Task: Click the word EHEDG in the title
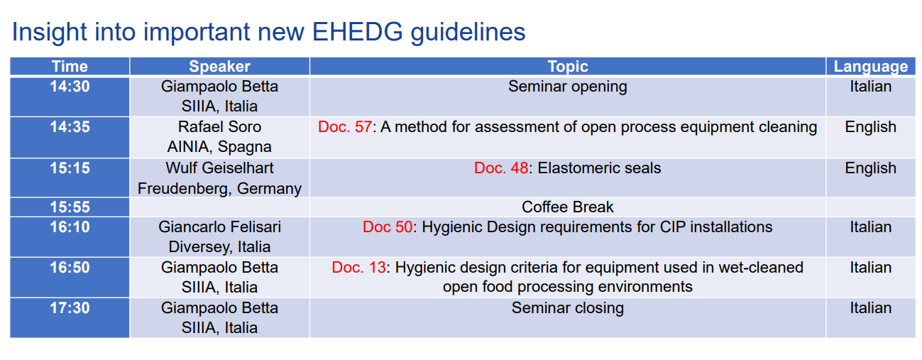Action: [357, 32]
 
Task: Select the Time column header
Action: [70, 66]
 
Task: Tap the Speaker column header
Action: [219, 66]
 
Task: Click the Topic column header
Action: [568, 66]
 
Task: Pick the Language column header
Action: [871, 66]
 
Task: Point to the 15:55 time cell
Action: [70, 207]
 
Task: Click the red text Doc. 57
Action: [345, 127]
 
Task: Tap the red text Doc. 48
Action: [501, 168]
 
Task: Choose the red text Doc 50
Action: [388, 227]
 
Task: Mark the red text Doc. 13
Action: [359, 267]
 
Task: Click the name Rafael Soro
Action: [219, 127]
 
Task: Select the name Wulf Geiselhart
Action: [219, 168]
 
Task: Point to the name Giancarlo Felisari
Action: [219, 227]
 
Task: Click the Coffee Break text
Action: [568, 207]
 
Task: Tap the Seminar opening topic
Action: [568, 87]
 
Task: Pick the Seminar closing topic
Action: [568, 308]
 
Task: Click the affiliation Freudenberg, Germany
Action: [219, 189]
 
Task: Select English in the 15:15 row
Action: [871, 168]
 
